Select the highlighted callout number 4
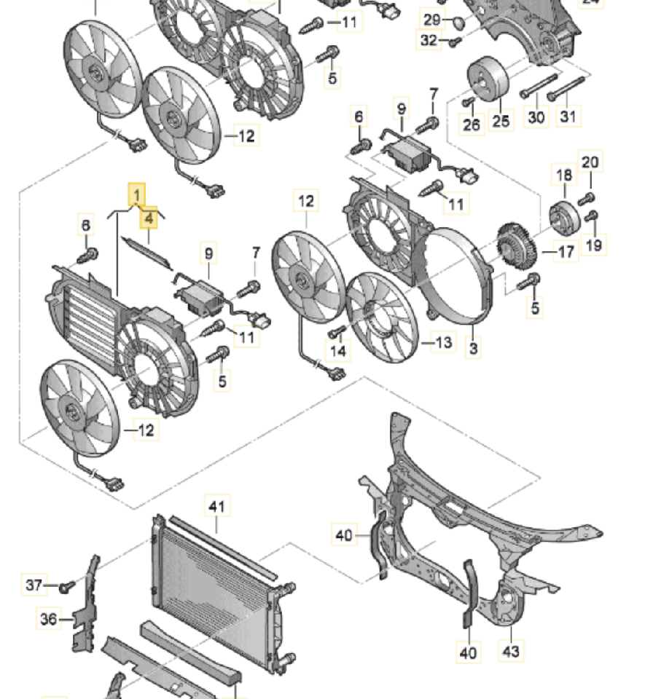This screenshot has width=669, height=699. point(149,218)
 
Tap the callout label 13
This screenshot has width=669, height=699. point(444,342)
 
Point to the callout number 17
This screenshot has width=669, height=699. point(566,252)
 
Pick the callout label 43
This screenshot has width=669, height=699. point(511,651)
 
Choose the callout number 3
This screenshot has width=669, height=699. point(474,348)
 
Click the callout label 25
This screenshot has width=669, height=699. point(501,121)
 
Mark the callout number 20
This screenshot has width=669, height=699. point(590,162)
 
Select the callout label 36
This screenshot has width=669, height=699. point(49,619)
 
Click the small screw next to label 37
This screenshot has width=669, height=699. point(67,587)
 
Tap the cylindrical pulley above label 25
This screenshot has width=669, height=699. point(488,79)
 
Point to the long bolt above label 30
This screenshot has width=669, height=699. point(539,86)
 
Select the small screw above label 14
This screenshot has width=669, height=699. point(337,331)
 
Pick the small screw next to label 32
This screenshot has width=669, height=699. point(454,42)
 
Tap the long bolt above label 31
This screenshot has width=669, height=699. point(566,89)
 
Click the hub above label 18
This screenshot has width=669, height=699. point(565,217)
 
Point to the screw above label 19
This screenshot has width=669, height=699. point(591,216)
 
